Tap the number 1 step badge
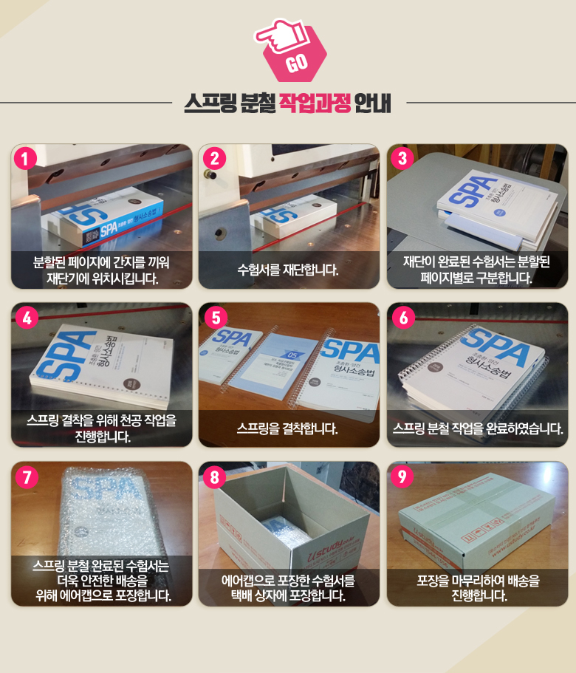[26, 159]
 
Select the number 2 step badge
[214, 159]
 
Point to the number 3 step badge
[402, 159]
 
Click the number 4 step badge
[26, 318]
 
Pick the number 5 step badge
[214, 318]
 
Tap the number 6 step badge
[402, 318]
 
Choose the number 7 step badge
[26, 476]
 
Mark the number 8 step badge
[214, 476]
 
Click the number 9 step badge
[402, 476]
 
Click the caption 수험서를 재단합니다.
[288, 270]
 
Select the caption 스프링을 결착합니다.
[288, 428]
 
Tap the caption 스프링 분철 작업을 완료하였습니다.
[478, 428]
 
